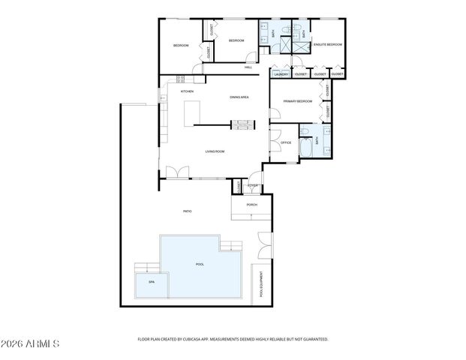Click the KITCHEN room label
click(187, 91)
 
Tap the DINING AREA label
click(239, 97)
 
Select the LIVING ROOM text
click(215, 151)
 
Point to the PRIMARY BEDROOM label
click(297, 100)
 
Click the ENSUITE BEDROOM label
click(327, 45)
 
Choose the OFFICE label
click(286, 142)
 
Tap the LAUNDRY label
click(281, 74)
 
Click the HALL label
click(248, 67)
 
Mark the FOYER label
click(253, 185)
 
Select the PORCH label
click(252, 204)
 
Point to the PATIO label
click(187, 211)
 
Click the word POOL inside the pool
click(200, 264)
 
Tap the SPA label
click(151, 282)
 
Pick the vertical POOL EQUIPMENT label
click(262, 286)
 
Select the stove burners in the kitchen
click(180, 79)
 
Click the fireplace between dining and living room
click(241, 124)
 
